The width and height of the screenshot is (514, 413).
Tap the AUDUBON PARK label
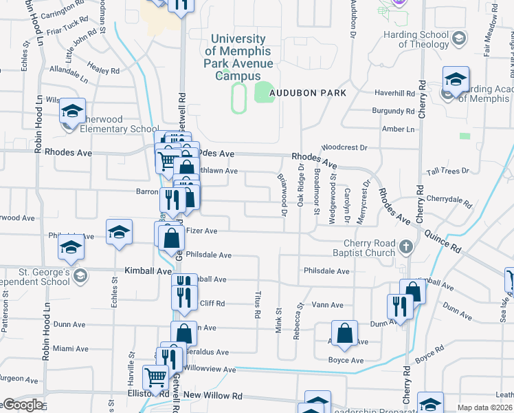tap(306, 92)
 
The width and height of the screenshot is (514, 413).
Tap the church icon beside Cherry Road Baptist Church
tap(406, 246)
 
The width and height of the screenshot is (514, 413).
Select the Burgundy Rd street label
tap(394, 110)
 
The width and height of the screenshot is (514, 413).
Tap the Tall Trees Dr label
tap(447, 171)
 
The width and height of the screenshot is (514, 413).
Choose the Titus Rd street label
tap(257, 303)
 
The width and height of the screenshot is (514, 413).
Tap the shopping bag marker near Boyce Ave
tap(345, 335)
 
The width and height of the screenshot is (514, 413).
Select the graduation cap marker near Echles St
tap(119, 233)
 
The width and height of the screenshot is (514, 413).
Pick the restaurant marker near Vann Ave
tap(400, 308)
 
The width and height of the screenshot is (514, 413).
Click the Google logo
tap(22, 405)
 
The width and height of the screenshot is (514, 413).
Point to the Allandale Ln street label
tap(69, 74)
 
